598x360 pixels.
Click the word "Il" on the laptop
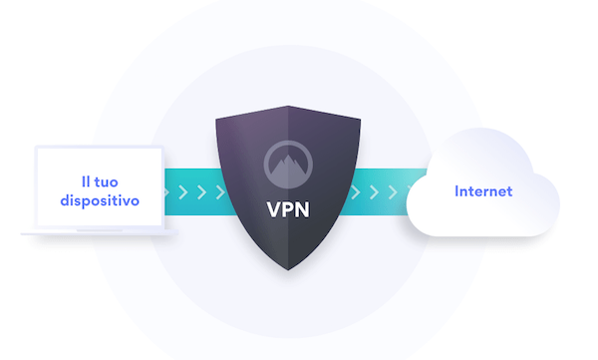tap(87, 181)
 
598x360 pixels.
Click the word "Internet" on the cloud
tap(483, 190)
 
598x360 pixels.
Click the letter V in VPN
tap(273, 211)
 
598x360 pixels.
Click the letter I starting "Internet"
tap(457, 190)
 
